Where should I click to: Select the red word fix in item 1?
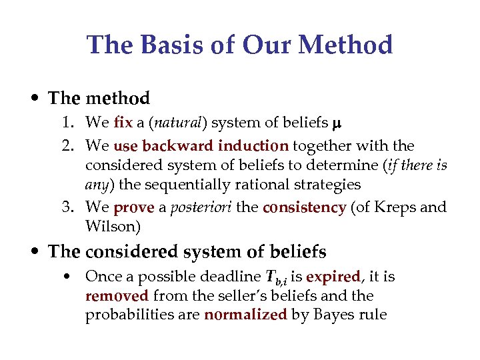123,123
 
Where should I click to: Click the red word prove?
135,207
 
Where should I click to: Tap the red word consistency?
304,207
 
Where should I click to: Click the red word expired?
333,277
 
